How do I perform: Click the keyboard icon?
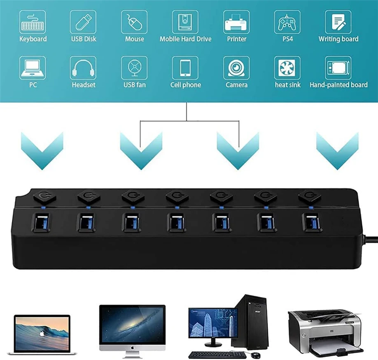(33, 22)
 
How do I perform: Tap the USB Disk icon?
(83, 22)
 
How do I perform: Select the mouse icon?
(134, 22)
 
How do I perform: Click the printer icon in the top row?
(236, 22)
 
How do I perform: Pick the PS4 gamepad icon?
(287, 22)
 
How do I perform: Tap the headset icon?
(83, 68)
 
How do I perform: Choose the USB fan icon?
(134, 68)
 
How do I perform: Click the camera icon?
(236, 68)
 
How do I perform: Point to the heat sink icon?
(287, 68)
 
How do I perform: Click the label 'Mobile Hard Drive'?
(185, 39)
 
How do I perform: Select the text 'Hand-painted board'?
(338, 85)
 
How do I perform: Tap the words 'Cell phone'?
(185, 85)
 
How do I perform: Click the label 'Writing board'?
(338, 39)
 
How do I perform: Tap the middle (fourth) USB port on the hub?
(177, 223)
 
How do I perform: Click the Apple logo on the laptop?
(42, 334)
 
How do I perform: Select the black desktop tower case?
(250, 322)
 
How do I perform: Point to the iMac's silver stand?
(132, 353)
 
